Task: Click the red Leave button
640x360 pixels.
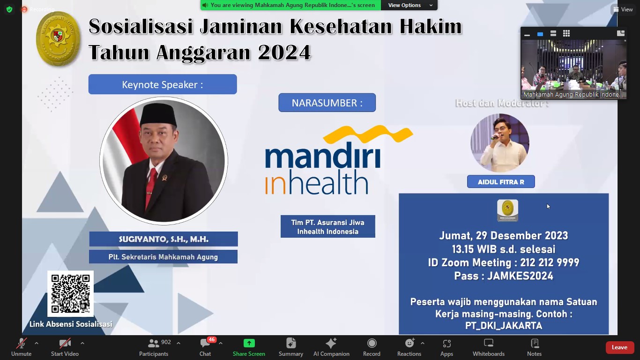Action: click(x=619, y=347)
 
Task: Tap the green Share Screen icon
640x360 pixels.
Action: click(x=249, y=344)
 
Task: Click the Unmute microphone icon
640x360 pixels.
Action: click(x=21, y=344)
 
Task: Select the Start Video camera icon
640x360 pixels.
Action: click(x=65, y=344)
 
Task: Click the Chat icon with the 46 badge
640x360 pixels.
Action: click(x=205, y=344)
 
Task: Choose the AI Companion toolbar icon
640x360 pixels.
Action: click(x=331, y=344)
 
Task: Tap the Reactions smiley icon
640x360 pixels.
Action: click(x=409, y=344)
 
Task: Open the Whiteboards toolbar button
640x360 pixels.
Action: click(x=489, y=344)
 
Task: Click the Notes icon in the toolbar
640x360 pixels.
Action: click(x=534, y=344)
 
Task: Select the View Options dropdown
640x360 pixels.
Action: click(x=409, y=5)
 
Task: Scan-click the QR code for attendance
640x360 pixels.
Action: click(x=70, y=294)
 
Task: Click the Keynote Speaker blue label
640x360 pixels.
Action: click(x=163, y=84)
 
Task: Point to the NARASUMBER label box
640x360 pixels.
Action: click(x=327, y=103)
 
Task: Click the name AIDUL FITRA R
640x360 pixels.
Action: click(x=501, y=182)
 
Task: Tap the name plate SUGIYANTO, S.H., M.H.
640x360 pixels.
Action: click(x=164, y=239)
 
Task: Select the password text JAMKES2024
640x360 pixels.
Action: click(x=520, y=276)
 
